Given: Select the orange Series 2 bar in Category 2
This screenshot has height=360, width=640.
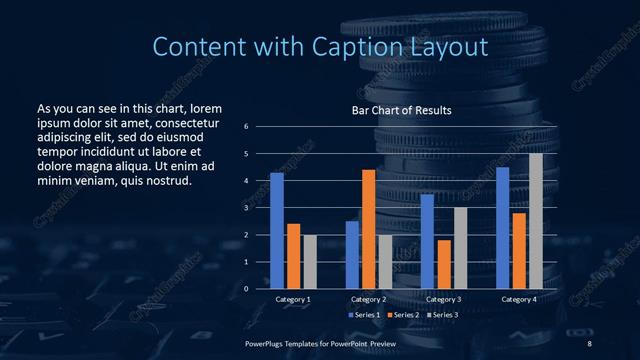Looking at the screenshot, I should [x=368, y=229].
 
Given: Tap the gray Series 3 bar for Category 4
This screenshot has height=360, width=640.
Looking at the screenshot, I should [x=535, y=221].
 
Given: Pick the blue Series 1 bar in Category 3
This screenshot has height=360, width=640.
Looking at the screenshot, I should [x=427, y=241].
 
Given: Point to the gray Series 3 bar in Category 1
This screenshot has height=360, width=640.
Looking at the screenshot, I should [x=309, y=261].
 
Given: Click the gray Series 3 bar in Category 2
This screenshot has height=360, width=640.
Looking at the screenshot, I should [x=385, y=261].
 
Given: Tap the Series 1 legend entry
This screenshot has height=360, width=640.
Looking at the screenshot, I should [x=364, y=315].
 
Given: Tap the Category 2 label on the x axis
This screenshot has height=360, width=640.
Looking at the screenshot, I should [x=368, y=299].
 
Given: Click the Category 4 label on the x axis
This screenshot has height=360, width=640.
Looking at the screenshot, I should [x=519, y=299].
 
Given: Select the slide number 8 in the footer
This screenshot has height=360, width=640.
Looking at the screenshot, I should [x=589, y=342].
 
